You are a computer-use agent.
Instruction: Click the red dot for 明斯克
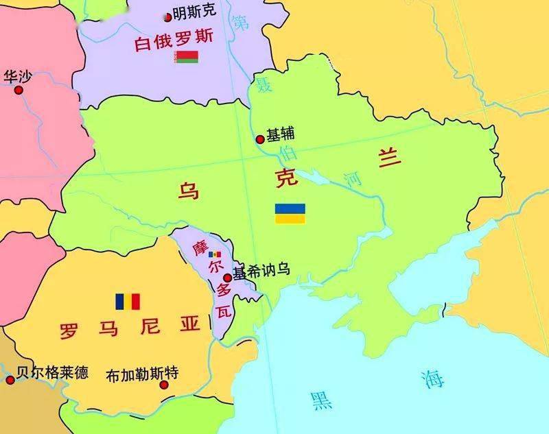168,16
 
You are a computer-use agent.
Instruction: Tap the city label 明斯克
194,12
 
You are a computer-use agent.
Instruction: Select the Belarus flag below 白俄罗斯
186,57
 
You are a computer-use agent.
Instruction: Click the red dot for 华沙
19,90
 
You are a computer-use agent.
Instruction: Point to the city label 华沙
17,75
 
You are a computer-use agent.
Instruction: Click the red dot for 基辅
260,139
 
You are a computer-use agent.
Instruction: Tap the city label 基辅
280,136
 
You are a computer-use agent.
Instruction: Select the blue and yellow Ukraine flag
290,213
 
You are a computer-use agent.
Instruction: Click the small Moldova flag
214,254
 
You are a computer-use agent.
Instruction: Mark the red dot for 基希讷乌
228,277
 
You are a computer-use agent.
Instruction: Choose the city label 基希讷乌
261,271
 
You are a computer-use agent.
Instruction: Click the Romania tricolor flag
128,302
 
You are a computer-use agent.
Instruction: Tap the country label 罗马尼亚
128,326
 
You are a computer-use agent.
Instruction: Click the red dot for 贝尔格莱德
10,380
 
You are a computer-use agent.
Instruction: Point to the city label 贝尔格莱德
52,374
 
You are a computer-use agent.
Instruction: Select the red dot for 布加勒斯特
164,385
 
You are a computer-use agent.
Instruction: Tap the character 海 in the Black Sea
434,378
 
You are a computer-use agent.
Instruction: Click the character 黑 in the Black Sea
321,400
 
